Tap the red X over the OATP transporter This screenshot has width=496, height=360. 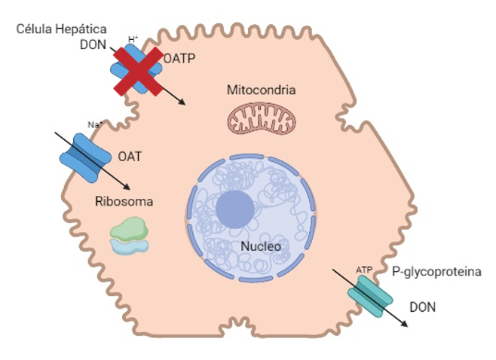click(137, 71)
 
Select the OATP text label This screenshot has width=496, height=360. click(179, 58)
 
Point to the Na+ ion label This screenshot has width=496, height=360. click(94, 125)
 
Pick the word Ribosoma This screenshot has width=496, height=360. click(124, 202)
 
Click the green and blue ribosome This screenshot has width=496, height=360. click(129, 235)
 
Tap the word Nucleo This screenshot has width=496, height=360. click(261, 246)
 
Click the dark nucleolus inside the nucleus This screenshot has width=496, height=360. click(234, 209)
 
